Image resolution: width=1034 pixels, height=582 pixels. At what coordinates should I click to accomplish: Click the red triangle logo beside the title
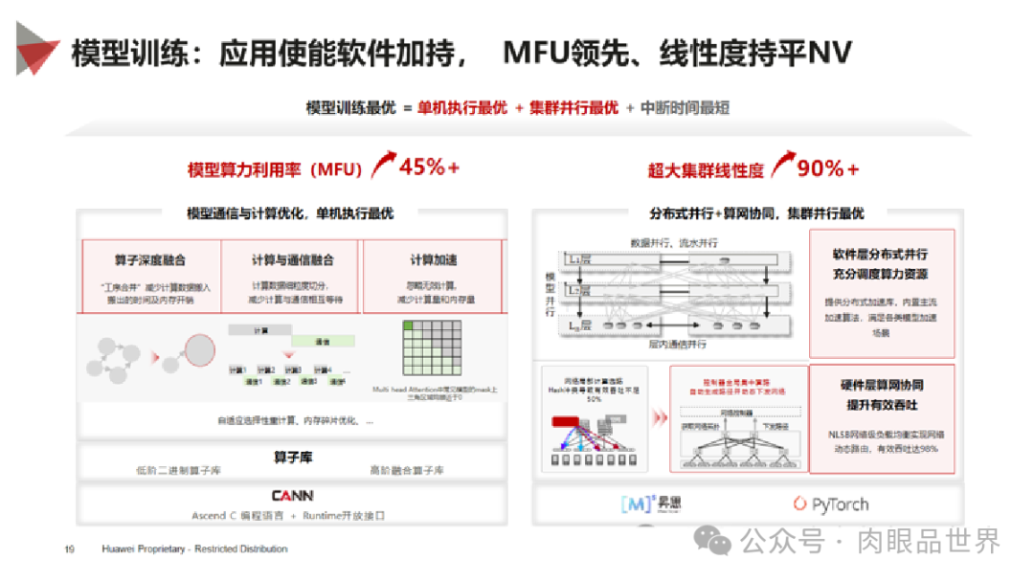pyautogui.click(x=36, y=48)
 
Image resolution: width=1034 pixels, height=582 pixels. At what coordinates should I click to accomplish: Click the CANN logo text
pyautogui.click(x=292, y=496)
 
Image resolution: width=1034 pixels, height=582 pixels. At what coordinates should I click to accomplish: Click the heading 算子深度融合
pyautogui.click(x=150, y=259)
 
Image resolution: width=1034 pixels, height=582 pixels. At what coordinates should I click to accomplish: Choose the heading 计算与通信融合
pyautogui.click(x=292, y=259)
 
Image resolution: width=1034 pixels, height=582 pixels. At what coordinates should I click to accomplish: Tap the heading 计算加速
pyautogui.click(x=433, y=259)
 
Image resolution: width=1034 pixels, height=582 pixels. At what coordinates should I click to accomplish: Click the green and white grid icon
pyautogui.click(x=433, y=351)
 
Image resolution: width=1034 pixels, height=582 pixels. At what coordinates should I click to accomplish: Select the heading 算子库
pyautogui.click(x=292, y=458)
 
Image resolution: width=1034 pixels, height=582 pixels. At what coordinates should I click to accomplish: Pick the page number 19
pyautogui.click(x=69, y=549)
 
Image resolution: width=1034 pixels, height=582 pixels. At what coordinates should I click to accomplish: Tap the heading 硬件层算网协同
pyautogui.click(x=882, y=385)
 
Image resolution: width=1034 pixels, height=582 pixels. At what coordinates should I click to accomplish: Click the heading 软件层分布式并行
pyautogui.click(x=881, y=254)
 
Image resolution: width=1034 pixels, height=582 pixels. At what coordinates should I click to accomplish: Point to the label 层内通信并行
pyautogui.click(x=678, y=344)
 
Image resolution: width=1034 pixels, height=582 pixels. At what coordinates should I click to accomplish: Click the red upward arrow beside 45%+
pyautogui.click(x=384, y=165)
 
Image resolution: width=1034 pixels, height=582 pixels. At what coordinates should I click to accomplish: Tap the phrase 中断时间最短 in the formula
pyautogui.click(x=685, y=108)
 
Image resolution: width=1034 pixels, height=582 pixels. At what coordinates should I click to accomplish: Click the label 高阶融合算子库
pyautogui.click(x=408, y=470)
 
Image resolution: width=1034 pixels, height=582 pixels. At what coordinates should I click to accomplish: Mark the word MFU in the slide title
pyautogui.click(x=540, y=52)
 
